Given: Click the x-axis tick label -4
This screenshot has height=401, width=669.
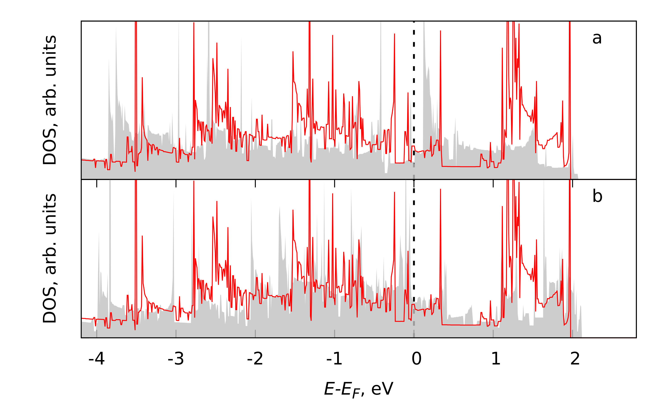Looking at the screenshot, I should (x=97, y=359).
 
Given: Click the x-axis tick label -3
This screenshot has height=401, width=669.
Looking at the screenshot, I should (x=176, y=359).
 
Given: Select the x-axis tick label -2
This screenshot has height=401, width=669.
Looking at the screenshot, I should (x=255, y=359).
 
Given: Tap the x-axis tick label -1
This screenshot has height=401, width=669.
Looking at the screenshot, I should (x=334, y=359).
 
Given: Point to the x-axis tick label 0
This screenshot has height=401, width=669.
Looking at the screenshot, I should (x=416, y=359).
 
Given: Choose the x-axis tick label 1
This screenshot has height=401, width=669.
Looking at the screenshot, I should (x=496, y=359).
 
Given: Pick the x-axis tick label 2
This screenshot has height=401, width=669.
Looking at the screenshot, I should (x=575, y=359).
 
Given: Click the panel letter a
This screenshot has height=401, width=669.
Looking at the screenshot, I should (x=597, y=38).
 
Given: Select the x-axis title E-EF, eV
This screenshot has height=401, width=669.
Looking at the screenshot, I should (x=359, y=389).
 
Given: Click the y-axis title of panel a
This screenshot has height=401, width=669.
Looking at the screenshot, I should (x=50, y=100).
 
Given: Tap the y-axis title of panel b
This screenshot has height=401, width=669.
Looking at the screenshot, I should (x=50, y=258).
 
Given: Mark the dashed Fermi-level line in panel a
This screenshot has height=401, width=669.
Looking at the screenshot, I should (x=414, y=81).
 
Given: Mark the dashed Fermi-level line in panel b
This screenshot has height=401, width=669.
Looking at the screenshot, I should (x=414, y=243).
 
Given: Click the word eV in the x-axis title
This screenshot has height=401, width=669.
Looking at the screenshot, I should (x=382, y=389).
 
